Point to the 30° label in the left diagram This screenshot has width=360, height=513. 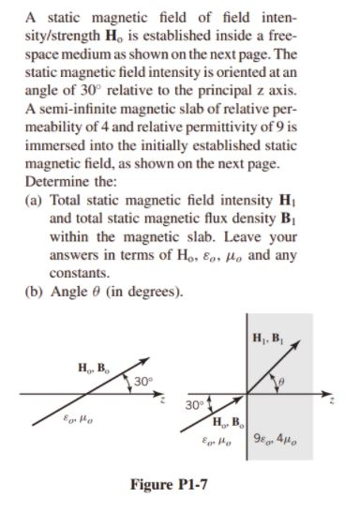[142, 382]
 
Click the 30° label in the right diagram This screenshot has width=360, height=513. [196, 407]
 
